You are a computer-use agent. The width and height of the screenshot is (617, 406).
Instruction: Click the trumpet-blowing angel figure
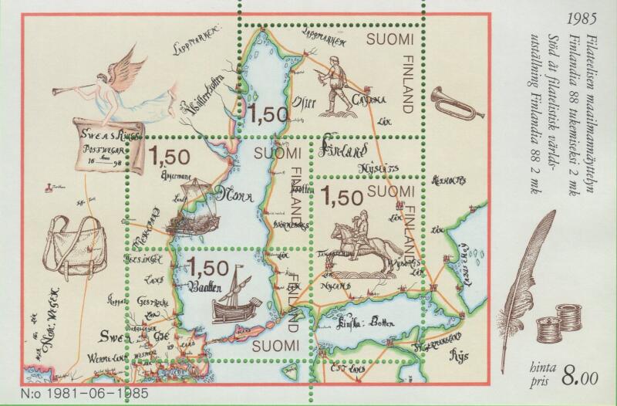123,85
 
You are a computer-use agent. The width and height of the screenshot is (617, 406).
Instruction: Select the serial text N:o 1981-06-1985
76,392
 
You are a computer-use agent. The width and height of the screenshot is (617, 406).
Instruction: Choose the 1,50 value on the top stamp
267,114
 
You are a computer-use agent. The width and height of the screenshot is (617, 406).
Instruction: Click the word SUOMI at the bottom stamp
277,347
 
